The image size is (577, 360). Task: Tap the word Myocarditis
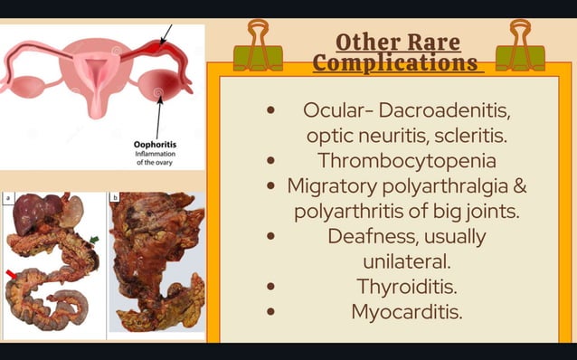[406, 312]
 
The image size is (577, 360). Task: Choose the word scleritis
[468, 136]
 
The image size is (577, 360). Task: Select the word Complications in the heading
[395, 63]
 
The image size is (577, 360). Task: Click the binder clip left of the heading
[258, 47]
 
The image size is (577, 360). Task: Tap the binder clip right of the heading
[526, 47]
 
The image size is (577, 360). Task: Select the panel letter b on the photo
[114, 196]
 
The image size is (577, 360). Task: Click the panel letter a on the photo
[8, 196]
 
